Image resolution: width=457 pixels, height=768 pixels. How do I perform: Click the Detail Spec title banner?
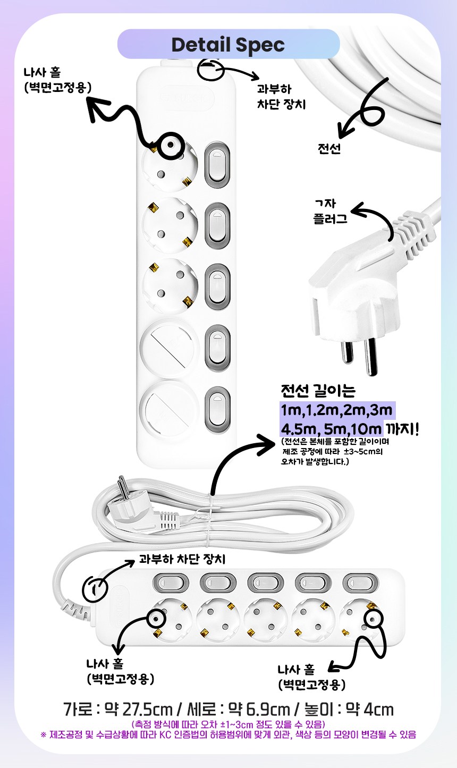[228, 44]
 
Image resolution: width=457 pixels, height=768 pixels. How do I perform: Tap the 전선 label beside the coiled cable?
[329, 148]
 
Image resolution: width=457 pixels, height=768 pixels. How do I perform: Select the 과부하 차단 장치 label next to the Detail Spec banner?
[281, 97]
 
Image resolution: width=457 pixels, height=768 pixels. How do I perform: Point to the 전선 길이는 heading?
[318, 391]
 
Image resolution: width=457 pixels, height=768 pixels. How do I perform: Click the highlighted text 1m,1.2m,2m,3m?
[336, 410]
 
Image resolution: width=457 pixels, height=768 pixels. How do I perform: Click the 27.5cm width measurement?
[147, 710]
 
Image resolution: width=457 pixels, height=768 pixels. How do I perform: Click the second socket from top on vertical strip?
[170, 225]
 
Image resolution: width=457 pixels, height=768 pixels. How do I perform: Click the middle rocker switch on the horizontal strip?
[265, 583]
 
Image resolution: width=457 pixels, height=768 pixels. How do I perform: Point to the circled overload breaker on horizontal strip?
[95, 589]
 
